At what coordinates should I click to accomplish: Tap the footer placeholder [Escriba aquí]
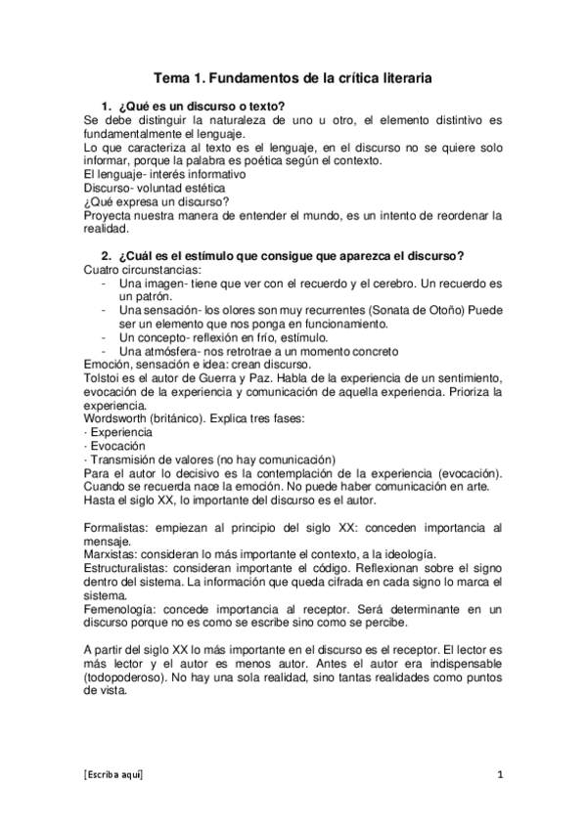coord(113,774)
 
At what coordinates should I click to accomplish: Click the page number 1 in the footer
coord(499,774)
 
